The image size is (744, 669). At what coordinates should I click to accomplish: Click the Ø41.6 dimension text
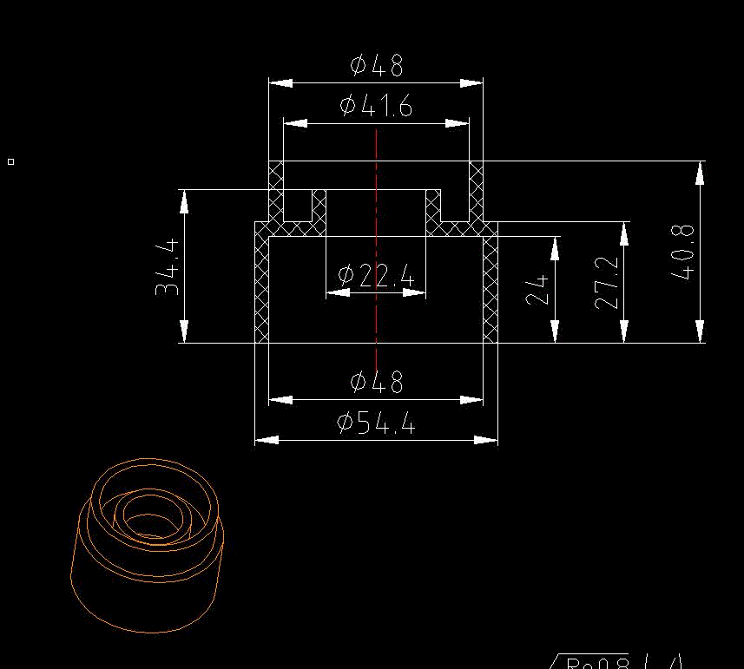pos(376,106)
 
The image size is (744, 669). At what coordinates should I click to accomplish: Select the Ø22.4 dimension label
pos(376,276)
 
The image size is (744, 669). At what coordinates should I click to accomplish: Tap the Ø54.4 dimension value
pos(376,423)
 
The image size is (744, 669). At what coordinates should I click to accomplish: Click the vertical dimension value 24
pos(537,289)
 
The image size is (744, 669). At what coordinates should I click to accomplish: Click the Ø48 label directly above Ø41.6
pos(376,65)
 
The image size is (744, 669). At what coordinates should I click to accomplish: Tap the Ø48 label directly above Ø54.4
pos(376,381)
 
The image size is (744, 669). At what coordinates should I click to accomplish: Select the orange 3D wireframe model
pos(148,542)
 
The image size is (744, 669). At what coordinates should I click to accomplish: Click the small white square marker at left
pos(10,161)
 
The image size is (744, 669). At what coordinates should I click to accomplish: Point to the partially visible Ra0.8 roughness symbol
pos(599,663)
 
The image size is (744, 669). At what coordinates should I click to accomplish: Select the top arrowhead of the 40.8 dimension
pos(700,173)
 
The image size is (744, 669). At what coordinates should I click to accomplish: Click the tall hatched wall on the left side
pos(261,286)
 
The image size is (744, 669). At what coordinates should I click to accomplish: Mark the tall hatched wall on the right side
pos(491,286)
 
